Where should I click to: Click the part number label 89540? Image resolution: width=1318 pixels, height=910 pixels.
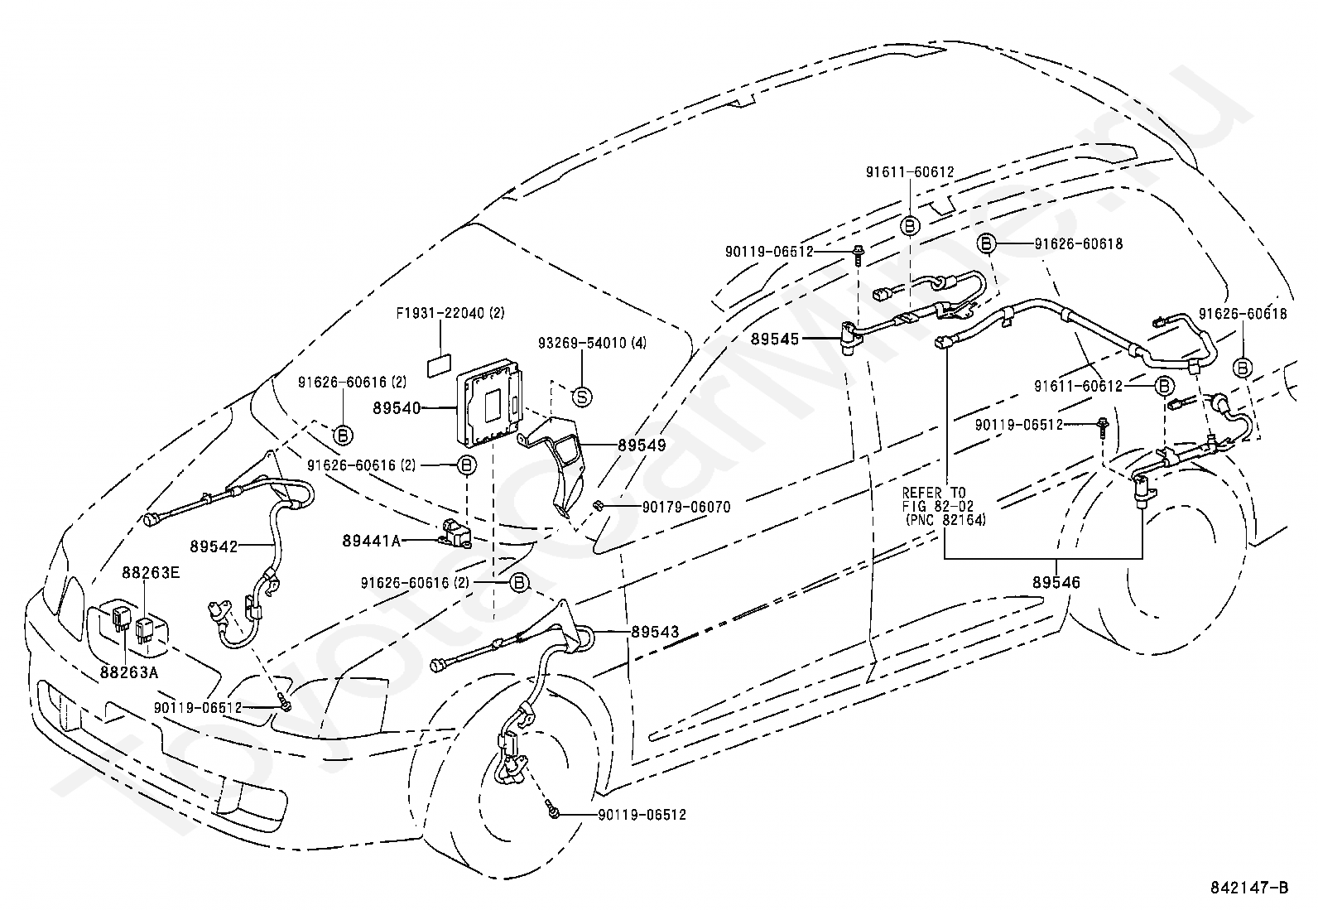pos(397,408)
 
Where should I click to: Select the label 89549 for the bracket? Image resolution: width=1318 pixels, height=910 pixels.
pos(642,445)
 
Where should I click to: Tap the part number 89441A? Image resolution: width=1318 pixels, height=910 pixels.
pos(371,541)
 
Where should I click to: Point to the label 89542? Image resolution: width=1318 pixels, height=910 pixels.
pos(214,546)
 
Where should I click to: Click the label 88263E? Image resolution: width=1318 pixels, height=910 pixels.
pos(151,573)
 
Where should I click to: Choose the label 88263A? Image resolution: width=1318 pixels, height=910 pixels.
pos(129,672)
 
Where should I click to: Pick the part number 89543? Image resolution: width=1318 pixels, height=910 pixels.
pos(656,632)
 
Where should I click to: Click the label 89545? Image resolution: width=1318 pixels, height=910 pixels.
pos(775,339)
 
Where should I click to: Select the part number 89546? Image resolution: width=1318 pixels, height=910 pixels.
pos(1056,582)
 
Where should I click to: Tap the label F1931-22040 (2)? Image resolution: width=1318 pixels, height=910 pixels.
pos(450,313)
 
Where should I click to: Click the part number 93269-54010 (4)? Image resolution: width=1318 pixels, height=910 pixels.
pos(593,343)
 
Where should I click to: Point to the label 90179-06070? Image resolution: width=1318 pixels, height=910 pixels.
pos(686,507)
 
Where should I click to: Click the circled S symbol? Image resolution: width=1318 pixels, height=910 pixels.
pos(582,397)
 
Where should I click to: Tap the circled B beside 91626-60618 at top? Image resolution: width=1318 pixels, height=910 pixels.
pos(987,243)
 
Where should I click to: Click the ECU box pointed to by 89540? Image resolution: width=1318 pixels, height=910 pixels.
pos(490,402)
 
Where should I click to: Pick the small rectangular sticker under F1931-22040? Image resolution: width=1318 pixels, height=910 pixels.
pos(440,365)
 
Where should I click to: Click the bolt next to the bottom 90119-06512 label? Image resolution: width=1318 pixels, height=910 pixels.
pos(552,811)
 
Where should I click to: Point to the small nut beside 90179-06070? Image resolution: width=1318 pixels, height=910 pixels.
pos(597,505)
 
